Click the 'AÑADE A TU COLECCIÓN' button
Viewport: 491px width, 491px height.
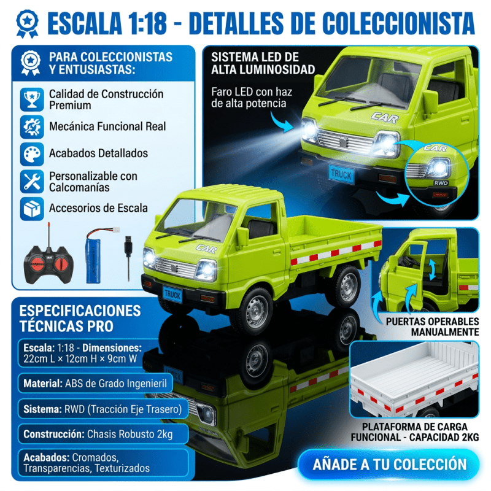pyautogui.click(x=385, y=463)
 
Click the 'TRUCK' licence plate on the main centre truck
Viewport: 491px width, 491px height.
pyautogui.click(x=172, y=293)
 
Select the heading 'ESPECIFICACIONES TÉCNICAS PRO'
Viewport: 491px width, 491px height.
pyautogui.click(x=80, y=317)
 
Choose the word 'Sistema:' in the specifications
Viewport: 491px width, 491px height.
pyautogui.click(x=42, y=409)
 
